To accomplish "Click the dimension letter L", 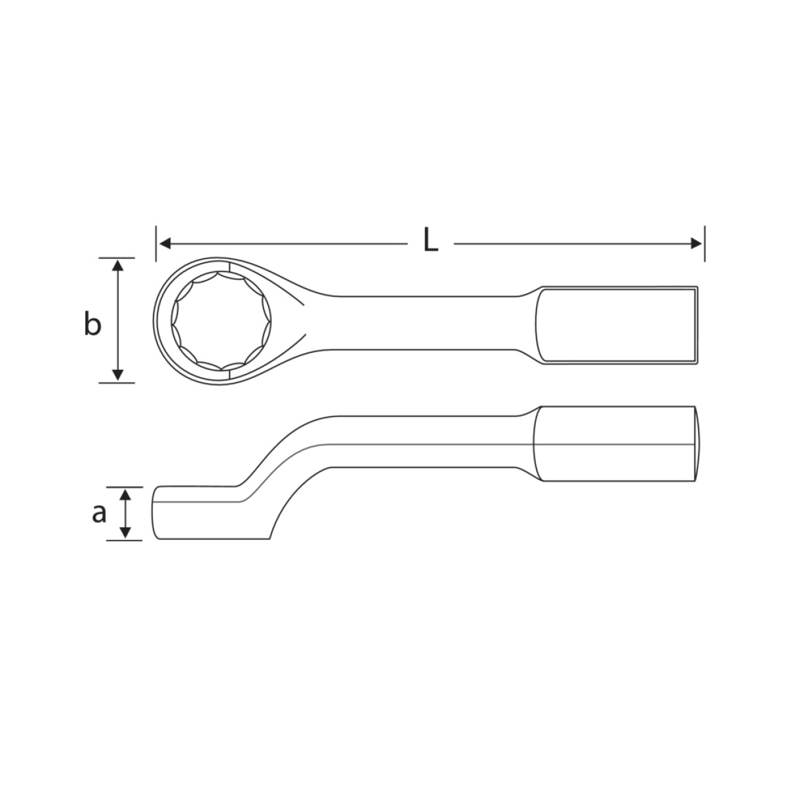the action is point(430,240).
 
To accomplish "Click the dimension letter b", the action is point(92,323).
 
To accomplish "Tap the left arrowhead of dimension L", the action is point(165,244).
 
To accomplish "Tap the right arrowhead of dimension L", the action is point(696,244).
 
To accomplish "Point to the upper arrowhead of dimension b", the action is point(117,266).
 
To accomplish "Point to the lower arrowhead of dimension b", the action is point(117,375).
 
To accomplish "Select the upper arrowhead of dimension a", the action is point(125,495).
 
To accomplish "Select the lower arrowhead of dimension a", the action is point(125,532).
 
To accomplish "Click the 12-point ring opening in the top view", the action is point(221,321).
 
